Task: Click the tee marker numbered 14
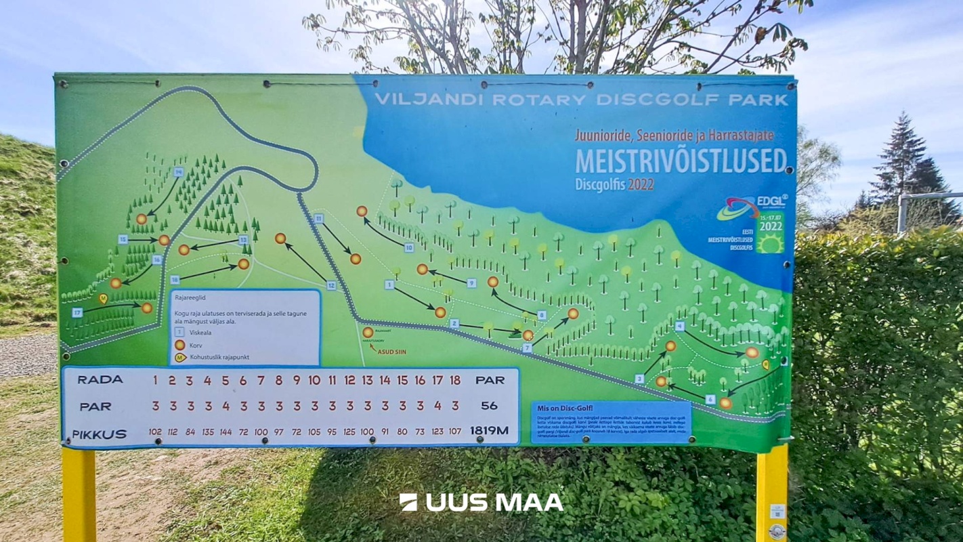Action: point(178,172)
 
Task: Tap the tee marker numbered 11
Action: point(318,218)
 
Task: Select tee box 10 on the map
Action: point(409,248)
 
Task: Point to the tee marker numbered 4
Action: point(679,326)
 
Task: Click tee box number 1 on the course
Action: point(389,285)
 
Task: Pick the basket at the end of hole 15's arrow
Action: point(164,240)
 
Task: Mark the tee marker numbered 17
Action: point(77,312)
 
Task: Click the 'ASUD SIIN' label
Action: point(391,352)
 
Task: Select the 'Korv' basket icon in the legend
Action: point(180,345)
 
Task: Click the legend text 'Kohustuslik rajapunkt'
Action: point(216,357)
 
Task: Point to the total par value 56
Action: point(489,406)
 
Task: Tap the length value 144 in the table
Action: point(226,432)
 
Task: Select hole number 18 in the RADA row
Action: point(455,380)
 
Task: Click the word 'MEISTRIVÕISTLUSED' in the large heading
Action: point(681,161)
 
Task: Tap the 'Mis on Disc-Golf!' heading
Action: point(564,408)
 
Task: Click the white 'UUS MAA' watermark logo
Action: point(481,502)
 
